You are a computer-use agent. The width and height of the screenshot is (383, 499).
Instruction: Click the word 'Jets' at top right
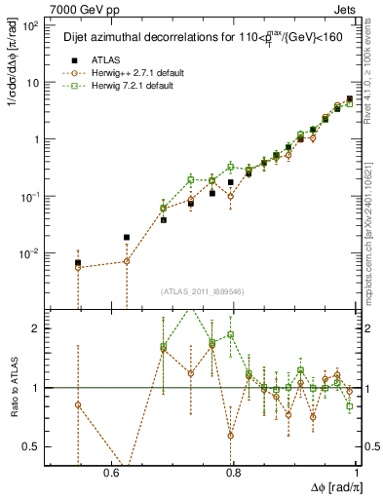[348, 9]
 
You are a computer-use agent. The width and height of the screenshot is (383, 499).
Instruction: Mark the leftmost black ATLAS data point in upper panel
[78, 263]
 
